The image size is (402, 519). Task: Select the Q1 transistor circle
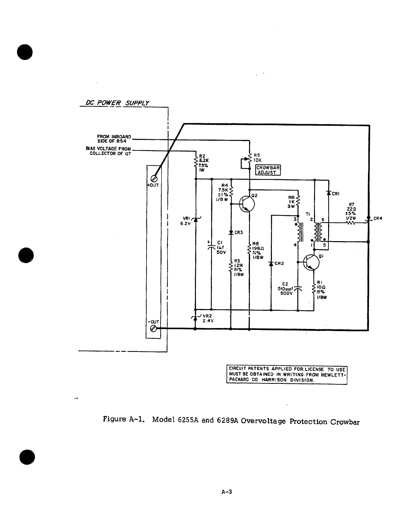311,262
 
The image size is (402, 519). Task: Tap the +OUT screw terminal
153,179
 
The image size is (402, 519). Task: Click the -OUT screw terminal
153,329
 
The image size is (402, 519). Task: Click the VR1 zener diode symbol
195,220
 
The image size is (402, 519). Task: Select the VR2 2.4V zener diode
195,317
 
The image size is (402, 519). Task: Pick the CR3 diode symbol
231,232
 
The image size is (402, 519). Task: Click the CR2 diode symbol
271,263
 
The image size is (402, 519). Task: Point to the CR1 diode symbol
328,193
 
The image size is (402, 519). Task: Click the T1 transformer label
307,214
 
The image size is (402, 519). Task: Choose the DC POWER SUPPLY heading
117,103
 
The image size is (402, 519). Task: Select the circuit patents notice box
287,375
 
